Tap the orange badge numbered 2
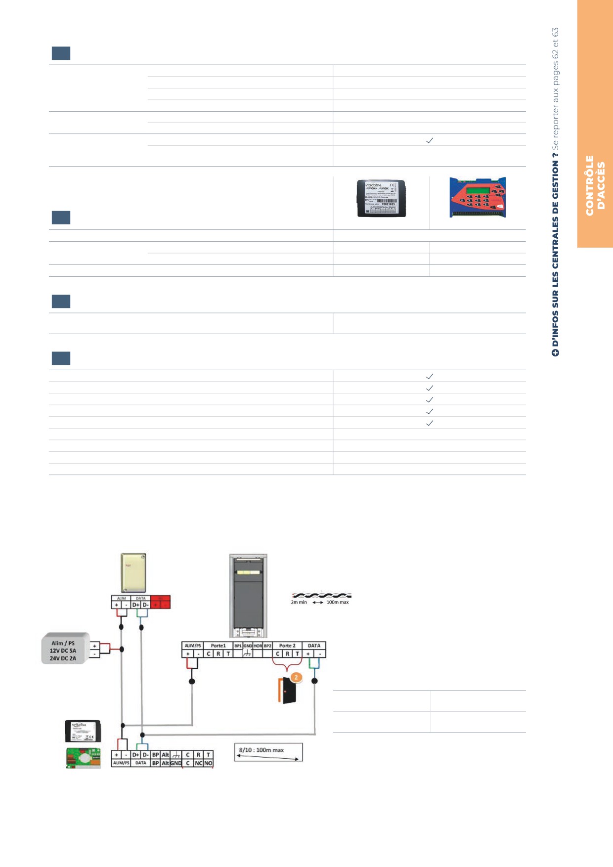(x=296, y=677)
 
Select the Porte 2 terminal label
(x=287, y=646)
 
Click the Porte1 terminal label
(x=218, y=646)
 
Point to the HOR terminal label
(x=258, y=646)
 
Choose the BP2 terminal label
(x=267, y=646)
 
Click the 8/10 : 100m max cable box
(x=268, y=752)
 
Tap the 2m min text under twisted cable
(x=299, y=602)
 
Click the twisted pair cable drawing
(x=321, y=595)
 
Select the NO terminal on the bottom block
(x=209, y=763)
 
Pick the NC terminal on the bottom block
(x=198, y=763)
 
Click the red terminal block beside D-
(x=160, y=602)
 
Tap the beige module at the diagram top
(x=133, y=572)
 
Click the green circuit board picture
(x=83, y=758)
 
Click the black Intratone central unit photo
(x=381, y=198)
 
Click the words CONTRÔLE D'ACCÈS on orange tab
(x=595, y=186)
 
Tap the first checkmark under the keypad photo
(x=430, y=376)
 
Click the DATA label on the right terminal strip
(x=314, y=646)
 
